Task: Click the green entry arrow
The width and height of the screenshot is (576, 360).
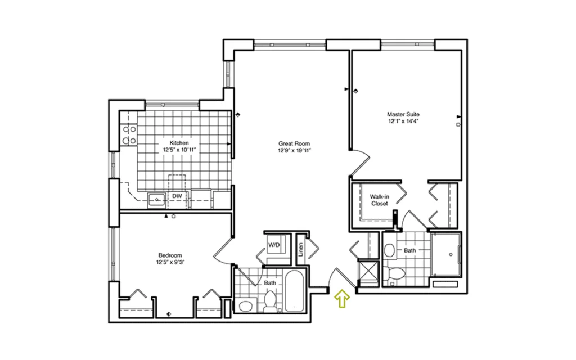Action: coord(342,298)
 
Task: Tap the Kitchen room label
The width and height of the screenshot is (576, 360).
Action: coord(179,143)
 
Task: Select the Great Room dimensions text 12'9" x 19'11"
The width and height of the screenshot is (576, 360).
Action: coord(294,151)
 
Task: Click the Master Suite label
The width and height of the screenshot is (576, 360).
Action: coord(403,114)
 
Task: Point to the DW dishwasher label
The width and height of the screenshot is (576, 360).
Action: coord(177,196)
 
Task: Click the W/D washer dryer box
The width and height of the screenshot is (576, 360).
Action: coord(273,245)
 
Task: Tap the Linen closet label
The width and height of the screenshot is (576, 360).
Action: coord(301,249)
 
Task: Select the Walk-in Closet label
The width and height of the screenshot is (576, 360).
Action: coord(380,200)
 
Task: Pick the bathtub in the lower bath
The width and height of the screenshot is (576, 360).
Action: coord(295,291)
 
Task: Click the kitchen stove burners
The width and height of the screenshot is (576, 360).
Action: coord(129,135)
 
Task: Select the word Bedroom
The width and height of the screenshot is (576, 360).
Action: coord(170,255)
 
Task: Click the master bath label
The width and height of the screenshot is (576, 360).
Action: coord(410,250)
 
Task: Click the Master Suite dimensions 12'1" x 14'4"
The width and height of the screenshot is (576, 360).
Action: coord(403,121)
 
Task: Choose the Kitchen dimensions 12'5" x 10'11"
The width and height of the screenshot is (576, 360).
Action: coord(179,150)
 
